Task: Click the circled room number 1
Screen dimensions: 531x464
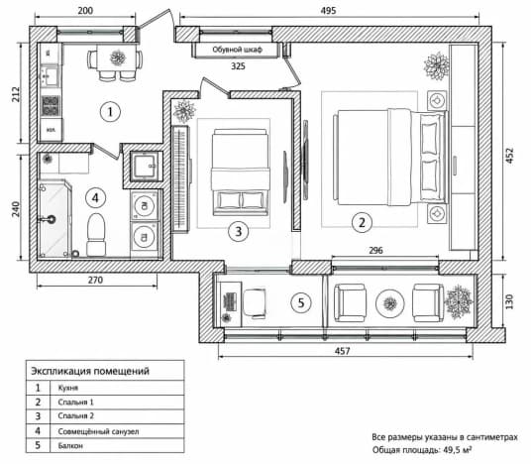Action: coord(110,112)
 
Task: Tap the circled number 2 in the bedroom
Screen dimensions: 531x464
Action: coord(362,222)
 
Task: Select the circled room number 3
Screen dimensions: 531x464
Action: coord(239,232)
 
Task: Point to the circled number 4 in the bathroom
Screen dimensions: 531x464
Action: coord(95,198)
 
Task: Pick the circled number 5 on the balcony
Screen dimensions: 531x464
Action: coord(301,302)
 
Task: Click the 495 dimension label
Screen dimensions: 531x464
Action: coord(328,11)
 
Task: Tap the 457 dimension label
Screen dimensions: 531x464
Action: coord(343,351)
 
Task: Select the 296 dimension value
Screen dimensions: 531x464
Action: coord(375,250)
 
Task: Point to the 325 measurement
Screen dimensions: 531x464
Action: coord(238,66)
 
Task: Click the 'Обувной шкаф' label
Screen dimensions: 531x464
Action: coord(237,50)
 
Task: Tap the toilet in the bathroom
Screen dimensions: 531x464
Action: coord(96,235)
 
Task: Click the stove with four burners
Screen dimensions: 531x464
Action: coord(51,105)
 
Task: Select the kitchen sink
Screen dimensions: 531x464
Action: coord(51,76)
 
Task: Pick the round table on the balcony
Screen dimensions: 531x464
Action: coord(390,303)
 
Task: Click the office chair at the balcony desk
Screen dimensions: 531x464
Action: coord(255,303)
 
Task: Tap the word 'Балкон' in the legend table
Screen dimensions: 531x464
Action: coord(70,445)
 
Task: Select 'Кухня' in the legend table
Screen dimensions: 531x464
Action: coord(68,388)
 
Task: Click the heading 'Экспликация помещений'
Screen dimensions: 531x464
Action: coord(90,371)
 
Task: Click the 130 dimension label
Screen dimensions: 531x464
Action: coord(509,301)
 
